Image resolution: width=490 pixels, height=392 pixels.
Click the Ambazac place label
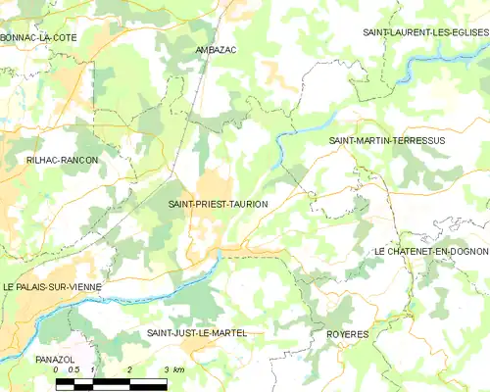pyautogui.click(x=217, y=49)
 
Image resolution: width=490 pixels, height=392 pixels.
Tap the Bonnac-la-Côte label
pyautogui.click(x=39, y=37)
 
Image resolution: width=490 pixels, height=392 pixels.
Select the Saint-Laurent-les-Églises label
pyautogui.click(x=425, y=32)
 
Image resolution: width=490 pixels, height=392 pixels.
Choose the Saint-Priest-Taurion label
pyautogui.click(x=218, y=204)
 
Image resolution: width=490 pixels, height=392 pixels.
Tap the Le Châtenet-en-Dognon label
pyautogui.click(x=432, y=252)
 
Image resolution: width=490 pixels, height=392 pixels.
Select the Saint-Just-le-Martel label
pyautogui.click(x=196, y=333)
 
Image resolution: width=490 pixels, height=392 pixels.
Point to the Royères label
pyautogui.click(x=346, y=334)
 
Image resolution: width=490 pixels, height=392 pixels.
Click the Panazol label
pyautogui.click(x=55, y=360)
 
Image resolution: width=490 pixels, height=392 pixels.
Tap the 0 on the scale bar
pyautogui.click(x=57, y=370)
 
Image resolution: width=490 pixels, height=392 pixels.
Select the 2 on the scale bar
pyautogui.click(x=129, y=370)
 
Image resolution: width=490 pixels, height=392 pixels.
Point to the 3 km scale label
pyautogui.click(x=173, y=370)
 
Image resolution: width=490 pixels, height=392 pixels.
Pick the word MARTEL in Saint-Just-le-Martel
pyautogui.click(x=227, y=333)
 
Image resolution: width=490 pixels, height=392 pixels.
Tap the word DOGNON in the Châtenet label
pyautogui.click(x=466, y=252)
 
